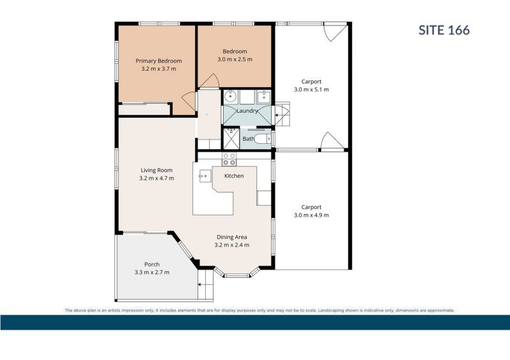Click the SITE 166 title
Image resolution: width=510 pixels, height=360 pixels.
click(444, 30)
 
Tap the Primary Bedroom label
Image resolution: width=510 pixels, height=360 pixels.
click(159, 61)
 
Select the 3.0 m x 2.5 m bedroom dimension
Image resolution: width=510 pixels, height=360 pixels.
click(235, 59)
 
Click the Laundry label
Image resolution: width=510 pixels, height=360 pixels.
click(247, 111)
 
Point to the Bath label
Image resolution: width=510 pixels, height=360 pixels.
click(249, 139)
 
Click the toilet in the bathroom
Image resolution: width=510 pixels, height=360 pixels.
click(263, 139)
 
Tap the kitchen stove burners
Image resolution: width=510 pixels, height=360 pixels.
click(229, 159)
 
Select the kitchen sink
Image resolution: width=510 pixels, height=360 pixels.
click(203, 176)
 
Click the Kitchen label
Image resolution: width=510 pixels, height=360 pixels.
click(234, 176)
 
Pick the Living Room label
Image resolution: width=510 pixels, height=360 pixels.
click(156, 170)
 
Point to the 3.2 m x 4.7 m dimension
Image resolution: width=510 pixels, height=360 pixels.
click(156, 178)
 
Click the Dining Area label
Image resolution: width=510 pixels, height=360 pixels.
click(231, 237)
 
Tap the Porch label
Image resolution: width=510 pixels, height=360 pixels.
click(152, 264)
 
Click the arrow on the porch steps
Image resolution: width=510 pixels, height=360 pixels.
click(201, 285)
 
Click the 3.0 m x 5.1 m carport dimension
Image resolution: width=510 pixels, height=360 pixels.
click(311, 89)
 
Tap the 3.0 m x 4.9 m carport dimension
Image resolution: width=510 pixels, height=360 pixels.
click(311, 215)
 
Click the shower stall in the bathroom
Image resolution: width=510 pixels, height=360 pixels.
click(231, 139)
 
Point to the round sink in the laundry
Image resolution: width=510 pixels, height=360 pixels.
click(231, 96)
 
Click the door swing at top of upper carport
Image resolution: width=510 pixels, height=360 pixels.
click(335, 32)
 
